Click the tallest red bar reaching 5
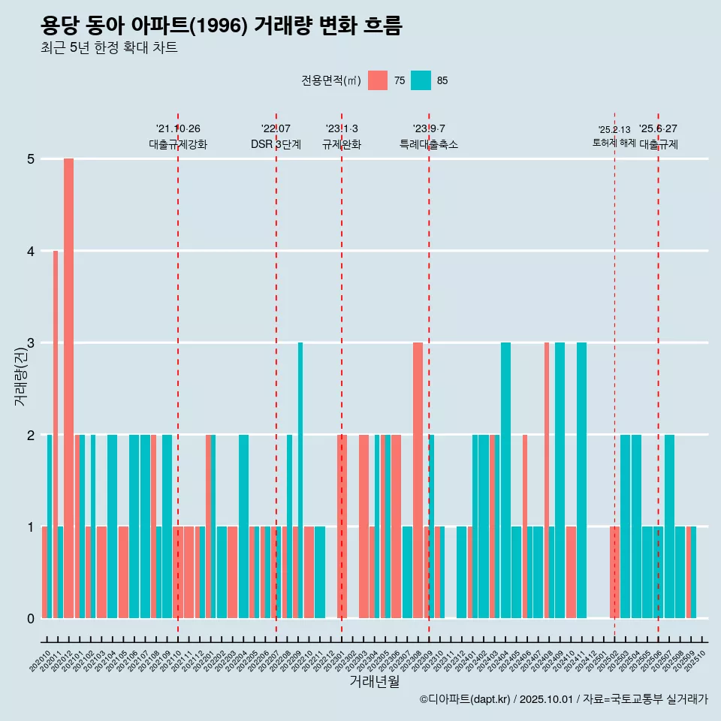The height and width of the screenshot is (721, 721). coord(68,388)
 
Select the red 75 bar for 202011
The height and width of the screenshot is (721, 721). coord(56,434)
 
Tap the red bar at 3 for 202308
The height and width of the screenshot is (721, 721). coord(418,480)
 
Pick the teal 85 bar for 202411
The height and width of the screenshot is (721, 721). coord(581,480)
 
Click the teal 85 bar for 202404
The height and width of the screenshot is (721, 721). coord(505,480)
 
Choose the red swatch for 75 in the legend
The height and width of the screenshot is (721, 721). coord(378,80)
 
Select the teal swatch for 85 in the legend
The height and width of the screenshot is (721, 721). coord(421,80)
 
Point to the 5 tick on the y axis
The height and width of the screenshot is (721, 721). coord(31,159)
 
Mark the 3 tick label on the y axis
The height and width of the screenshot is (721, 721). coord(31,343)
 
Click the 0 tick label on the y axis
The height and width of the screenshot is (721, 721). coord(31,619)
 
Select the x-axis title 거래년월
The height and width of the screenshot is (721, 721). coord(374,682)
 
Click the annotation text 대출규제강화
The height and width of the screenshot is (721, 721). coord(178,144)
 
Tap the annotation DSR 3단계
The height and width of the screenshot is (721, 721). coord(276,144)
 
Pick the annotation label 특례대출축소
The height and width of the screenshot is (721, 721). coord(429,144)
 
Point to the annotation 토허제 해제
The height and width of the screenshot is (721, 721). coord(614,143)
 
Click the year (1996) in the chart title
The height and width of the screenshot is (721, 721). coord(218,26)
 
